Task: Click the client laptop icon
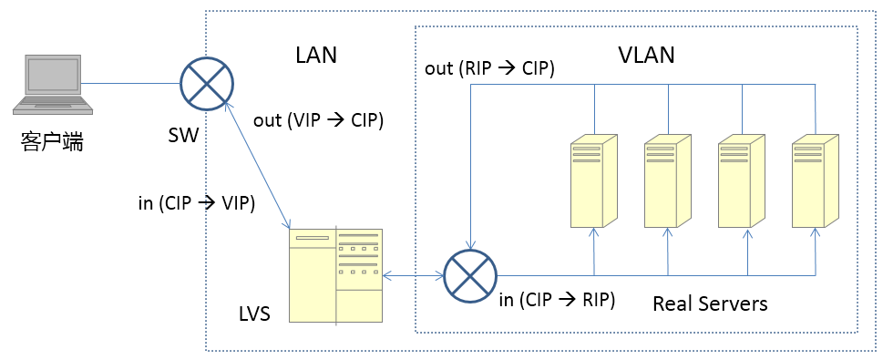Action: (x=53, y=85)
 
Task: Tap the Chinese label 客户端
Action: (x=52, y=141)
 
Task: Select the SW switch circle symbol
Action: (x=207, y=83)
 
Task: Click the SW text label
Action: (x=183, y=136)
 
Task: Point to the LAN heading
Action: (x=316, y=56)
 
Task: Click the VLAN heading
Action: (x=646, y=56)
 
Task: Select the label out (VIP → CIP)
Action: (x=318, y=121)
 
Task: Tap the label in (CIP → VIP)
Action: (x=197, y=203)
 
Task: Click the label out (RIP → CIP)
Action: (x=490, y=68)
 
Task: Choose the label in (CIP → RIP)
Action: (x=557, y=300)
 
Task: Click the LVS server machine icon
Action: (x=335, y=275)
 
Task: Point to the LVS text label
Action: (x=253, y=314)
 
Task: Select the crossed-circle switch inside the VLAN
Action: (x=470, y=276)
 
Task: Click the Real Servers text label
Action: (x=710, y=303)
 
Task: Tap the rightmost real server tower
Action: (x=815, y=180)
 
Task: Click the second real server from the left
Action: (x=667, y=180)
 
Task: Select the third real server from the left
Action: (x=741, y=180)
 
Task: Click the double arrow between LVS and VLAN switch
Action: (x=414, y=276)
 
